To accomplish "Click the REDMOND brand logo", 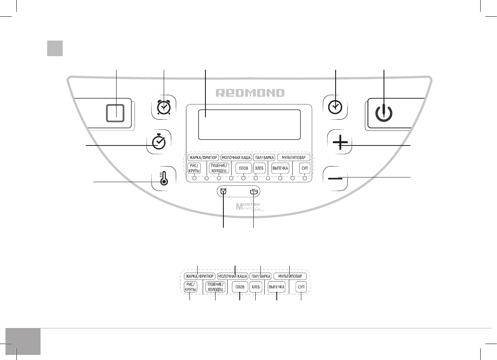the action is tap(251, 93).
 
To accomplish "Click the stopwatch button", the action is tap(159, 142).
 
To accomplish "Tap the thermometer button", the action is tap(164, 178).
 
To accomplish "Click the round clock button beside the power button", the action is tap(336, 107).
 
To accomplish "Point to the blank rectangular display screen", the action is tap(249, 124).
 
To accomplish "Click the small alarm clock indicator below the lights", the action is tap(223, 192).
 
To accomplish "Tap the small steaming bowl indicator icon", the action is tap(254, 192).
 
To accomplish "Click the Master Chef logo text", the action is tap(249, 207).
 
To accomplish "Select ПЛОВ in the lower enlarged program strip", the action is tap(239, 287).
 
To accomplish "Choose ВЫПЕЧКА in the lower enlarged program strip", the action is tap(276, 287).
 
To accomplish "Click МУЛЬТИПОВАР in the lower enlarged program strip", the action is tap(290, 276).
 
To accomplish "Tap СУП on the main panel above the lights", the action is tap(304, 168).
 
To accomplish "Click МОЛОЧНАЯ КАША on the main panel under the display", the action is tap(235, 158).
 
